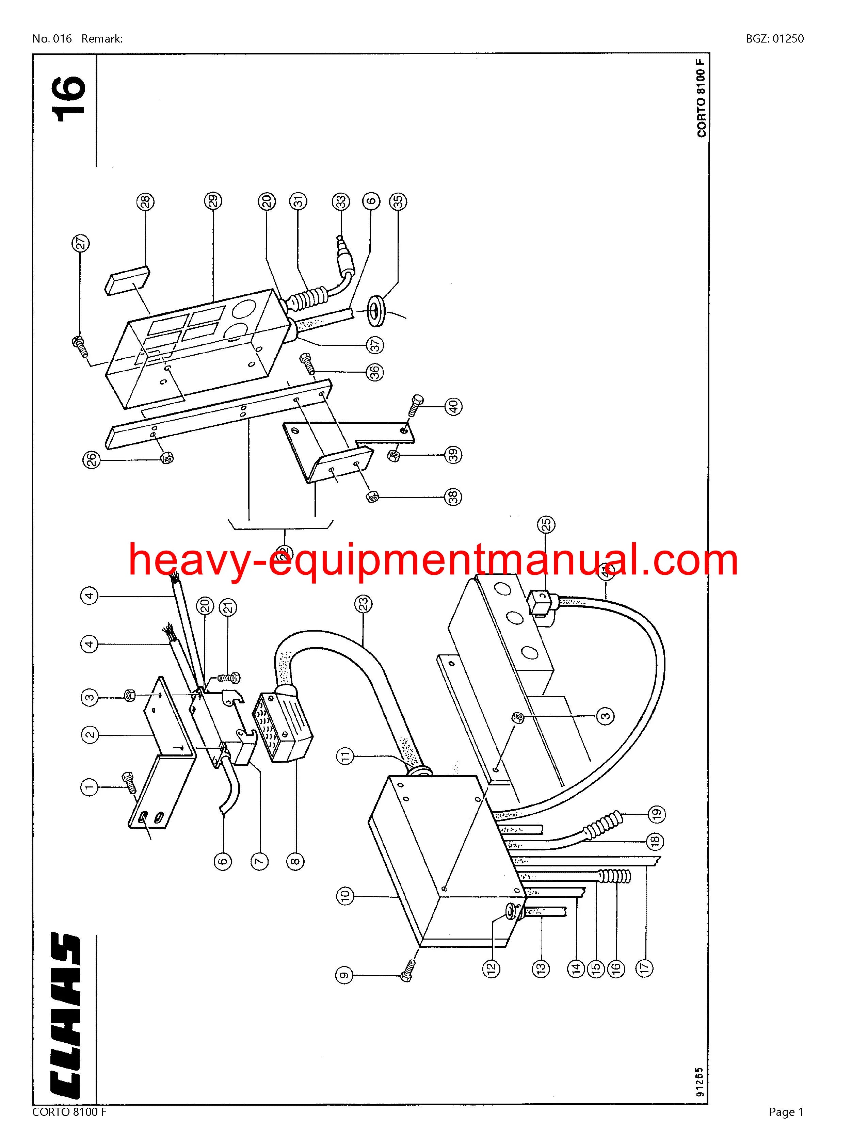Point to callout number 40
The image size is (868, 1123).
tap(453, 407)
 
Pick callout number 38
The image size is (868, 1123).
tap(453, 497)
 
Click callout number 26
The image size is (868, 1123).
tap(92, 459)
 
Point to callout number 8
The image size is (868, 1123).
tap(296, 861)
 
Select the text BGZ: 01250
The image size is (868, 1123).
tap(775, 38)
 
